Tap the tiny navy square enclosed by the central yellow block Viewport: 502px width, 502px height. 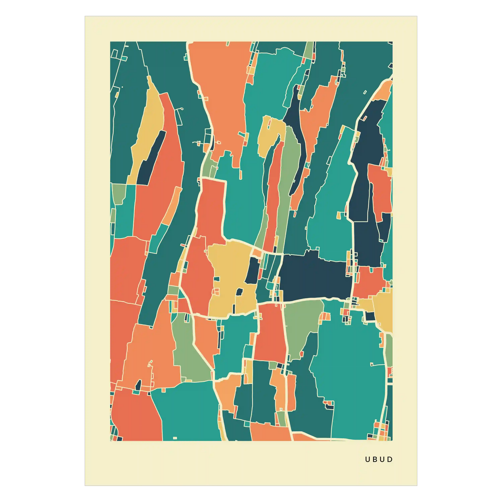coord(239,292)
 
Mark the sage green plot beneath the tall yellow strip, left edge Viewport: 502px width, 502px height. coord(119,193)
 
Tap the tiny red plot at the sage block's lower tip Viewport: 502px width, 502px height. coord(302,354)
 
